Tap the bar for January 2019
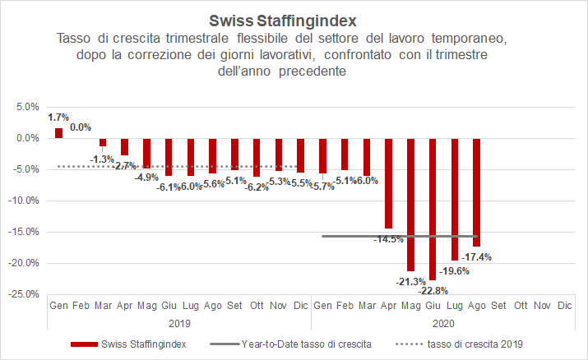click(x=58, y=133)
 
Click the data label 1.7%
click(x=58, y=118)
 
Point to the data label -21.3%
click(x=411, y=282)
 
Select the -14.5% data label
click(x=389, y=239)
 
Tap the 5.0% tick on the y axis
click(x=27, y=107)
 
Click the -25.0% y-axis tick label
click(x=24, y=294)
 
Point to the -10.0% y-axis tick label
click(x=24, y=201)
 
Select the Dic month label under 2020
click(x=564, y=306)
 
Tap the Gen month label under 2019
click(x=58, y=306)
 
